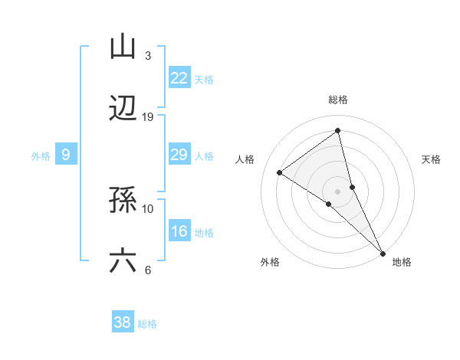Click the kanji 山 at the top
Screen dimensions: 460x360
click(123, 46)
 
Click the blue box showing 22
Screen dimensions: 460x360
click(179, 77)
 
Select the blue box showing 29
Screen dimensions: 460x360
click(179, 155)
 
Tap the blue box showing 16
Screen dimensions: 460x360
click(179, 231)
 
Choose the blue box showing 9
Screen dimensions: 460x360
click(66, 155)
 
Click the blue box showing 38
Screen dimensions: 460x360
click(122, 322)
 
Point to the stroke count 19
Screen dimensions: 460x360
click(148, 116)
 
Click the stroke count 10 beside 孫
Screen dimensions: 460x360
click(148, 208)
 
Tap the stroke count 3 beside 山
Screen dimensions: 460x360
click(148, 55)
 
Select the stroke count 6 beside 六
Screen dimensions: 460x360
click(148, 270)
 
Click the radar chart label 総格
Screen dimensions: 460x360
click(337, 100)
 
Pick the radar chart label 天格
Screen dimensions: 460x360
click(431, 159)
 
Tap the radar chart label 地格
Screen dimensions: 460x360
click(402, 262)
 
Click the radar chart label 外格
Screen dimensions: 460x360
click(270, 262)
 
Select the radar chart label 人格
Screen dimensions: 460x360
click(245, 159)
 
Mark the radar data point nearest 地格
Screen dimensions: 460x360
click(383, 253)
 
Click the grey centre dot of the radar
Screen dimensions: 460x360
click(337, 191)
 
